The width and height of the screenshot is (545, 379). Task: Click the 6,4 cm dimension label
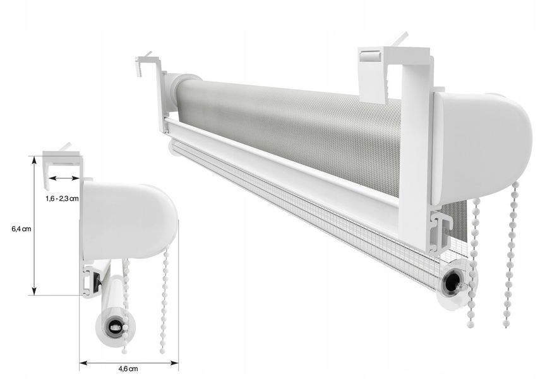point(21,229)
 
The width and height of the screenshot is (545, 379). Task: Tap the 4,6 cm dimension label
point(128,369)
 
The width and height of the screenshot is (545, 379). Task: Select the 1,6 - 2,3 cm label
point(62,199)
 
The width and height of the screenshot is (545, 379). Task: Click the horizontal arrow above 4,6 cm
point(129,363)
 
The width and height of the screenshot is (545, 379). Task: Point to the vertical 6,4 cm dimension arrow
point(34,226)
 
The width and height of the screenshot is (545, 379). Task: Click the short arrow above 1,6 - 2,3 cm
point(64,178)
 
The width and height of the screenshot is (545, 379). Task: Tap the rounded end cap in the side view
point(129,221)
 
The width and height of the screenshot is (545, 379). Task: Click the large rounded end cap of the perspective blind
point(482,148)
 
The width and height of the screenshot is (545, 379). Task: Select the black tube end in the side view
point(115,327)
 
